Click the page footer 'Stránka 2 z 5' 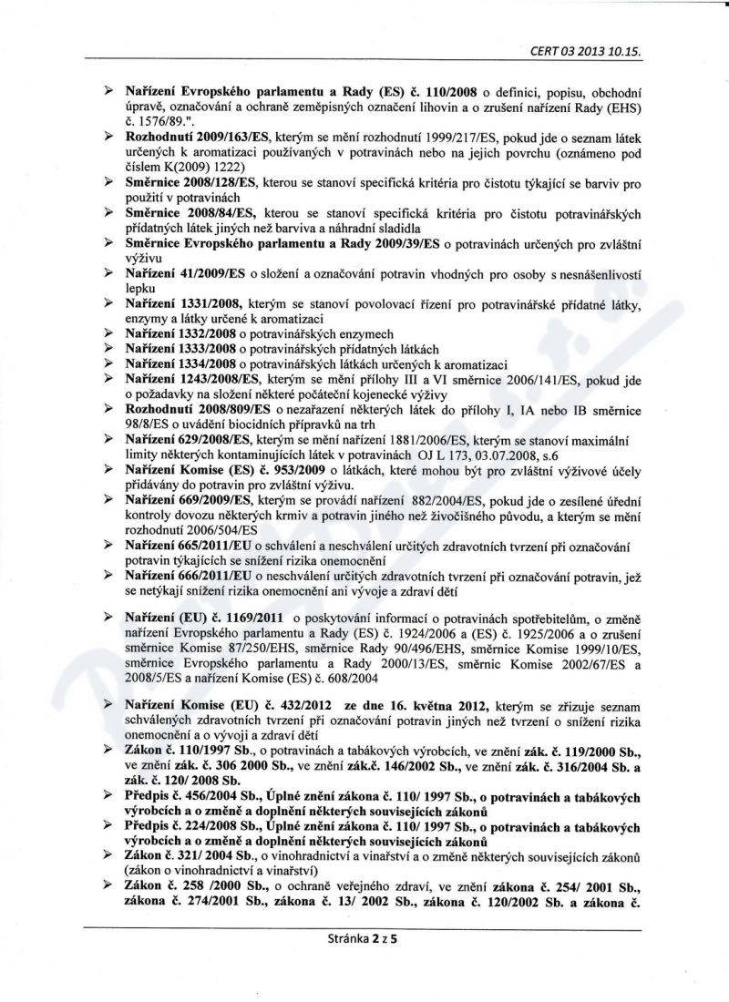(x=364, y=940)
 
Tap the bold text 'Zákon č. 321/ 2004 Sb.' (x=186, y=854)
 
